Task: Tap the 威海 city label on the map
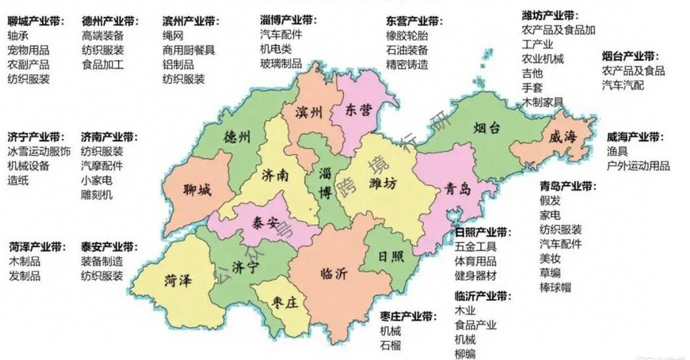tap(563, 138)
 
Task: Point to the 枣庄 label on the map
tap(285, 302)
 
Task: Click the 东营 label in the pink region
tap(359, 110)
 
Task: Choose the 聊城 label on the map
tap(197, 191)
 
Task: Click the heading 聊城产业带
tap(36, 21)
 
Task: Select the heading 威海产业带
tap(635, 136)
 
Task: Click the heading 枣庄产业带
tap(408, 317)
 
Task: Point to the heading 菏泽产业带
tap(36, 246)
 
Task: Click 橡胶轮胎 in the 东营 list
tap(407, 36)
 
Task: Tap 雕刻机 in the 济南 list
tap(97, 194)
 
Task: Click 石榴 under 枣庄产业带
tap(390, 346)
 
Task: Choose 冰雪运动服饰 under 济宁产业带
tap(39, 151)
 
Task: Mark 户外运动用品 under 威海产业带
tap(638, 165)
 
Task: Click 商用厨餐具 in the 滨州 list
tap(189, 50)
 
